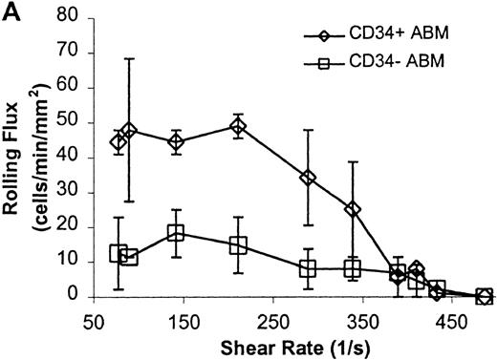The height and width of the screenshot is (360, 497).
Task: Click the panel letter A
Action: (11, 12)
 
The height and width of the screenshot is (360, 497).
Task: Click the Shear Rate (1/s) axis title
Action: (283, 346)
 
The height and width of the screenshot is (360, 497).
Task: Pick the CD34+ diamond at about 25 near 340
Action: (353, 208)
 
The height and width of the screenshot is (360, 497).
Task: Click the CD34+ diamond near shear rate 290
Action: (308, 178)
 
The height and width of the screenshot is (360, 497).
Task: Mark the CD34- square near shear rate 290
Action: (308, 268)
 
